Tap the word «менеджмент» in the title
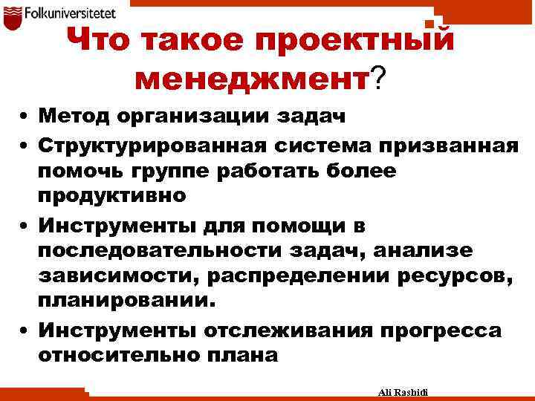[252, 76]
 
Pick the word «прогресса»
[440, 330]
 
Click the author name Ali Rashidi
[408, 391]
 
